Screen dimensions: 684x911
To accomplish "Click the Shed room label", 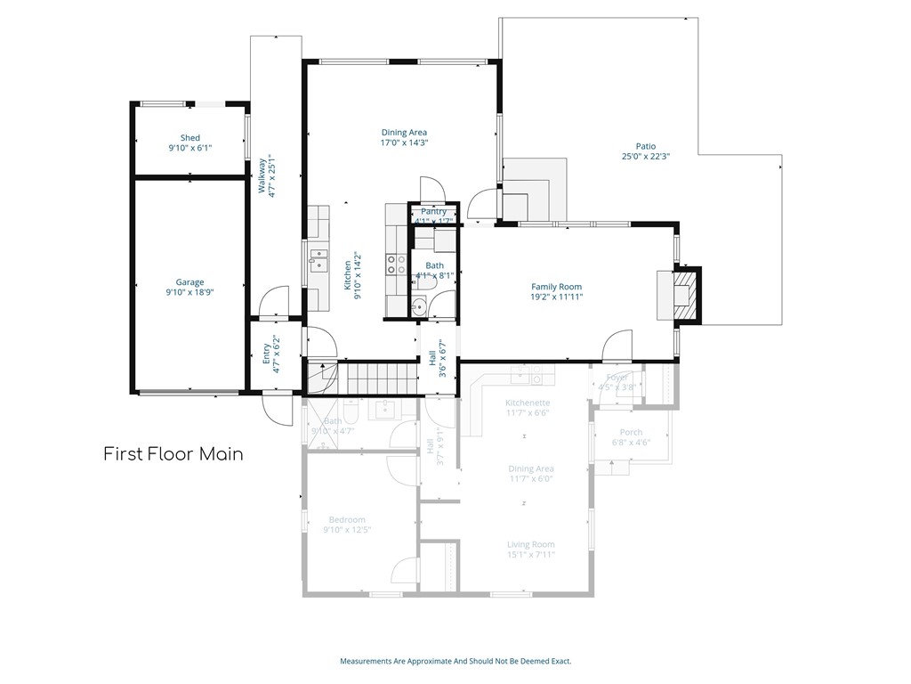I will pos(190,138).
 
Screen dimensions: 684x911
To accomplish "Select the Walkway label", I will pos(262,175).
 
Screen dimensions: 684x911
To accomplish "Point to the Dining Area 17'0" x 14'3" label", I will pos(404,133).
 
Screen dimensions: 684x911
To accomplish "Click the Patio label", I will pos(645,147).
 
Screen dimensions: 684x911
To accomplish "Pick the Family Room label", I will pos(557,287).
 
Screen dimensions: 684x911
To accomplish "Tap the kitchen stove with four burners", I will pos(396,265).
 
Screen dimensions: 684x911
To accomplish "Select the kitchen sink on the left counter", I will pos(318,259).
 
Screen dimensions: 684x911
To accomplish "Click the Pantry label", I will pos(434,211).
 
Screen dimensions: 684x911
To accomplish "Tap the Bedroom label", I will pos(347,519).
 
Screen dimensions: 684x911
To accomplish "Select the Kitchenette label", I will pos(528,403).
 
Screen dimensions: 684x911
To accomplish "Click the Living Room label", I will pos(531,544).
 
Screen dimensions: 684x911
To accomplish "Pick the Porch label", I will pos(631,432).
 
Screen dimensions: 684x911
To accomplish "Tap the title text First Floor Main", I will pos(173,454).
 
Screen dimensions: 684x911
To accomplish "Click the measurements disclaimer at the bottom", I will pos(455,661).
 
